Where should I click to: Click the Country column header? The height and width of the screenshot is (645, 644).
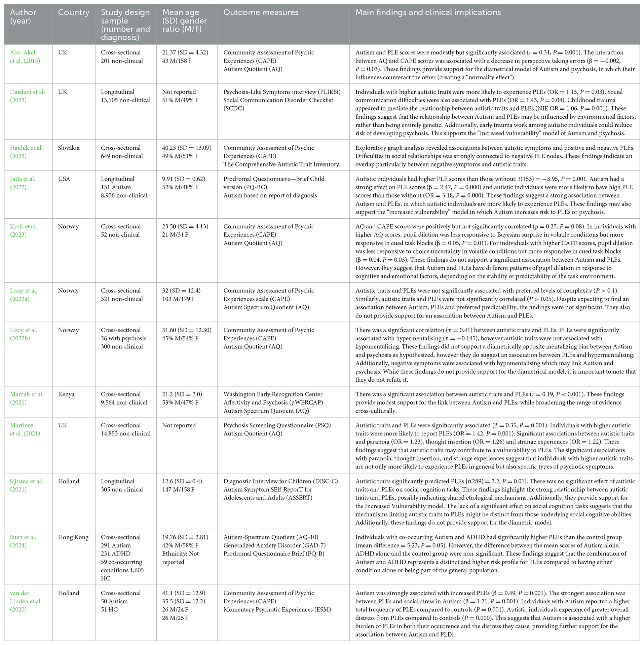pyautogui.click(x=73, y=12)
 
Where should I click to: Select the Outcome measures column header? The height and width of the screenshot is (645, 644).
pyautogui.click(x=261, y=12)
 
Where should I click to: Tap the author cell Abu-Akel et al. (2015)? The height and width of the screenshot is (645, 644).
pyautogui.click(x=25, y=56)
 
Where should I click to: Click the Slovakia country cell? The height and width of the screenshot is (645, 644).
pyautogui.click(x=69, y=148)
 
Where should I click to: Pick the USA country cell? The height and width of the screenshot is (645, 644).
pyautogui.click(x=64, y=179)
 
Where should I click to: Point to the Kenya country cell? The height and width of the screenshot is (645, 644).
pyautogui.click(x=66, y=394)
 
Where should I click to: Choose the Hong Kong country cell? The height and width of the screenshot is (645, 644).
pyautogui.click(x=73, y=537)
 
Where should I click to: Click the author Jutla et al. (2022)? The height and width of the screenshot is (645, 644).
pyautogui.click(x=23, y=183)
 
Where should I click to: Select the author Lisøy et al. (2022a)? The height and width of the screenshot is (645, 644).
pyautogui.click(x=24, y=295)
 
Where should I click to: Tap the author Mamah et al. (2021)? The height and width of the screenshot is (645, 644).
pyautogui.click(x=27, y=398)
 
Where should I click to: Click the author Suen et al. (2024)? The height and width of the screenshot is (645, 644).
pyautogui.click(x=23, y=541)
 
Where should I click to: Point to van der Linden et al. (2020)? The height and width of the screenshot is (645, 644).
pyautogui.click(x=26, y=601)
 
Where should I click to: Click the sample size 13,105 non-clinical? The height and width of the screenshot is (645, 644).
pyautogui.click(x=126, y=100)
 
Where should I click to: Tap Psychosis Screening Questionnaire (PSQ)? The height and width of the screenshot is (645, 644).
pyautogui.click(x=277, y=425)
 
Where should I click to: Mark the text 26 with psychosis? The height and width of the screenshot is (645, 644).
pyautogui.click(x=123, y=338)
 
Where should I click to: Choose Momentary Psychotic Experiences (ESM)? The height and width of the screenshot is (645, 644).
pyautogui.click(x=277, y=609)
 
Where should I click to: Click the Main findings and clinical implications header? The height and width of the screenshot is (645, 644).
pyautogui.click(x=428, y=12)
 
